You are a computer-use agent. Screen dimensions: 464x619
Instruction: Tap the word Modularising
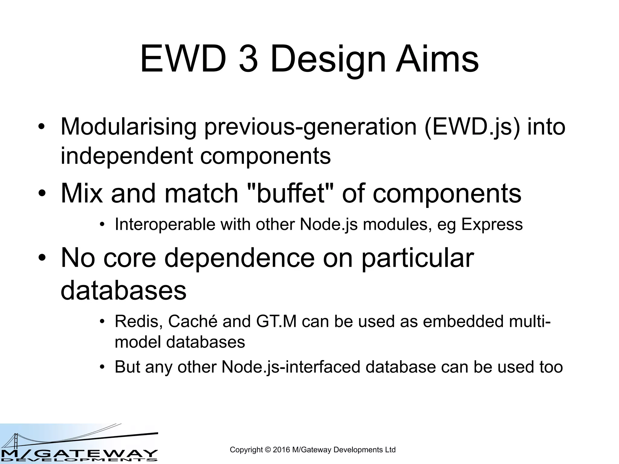pos(128,127)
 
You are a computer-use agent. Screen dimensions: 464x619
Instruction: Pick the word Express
pos(492,224)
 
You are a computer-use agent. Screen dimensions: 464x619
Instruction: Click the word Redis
pos(138,321)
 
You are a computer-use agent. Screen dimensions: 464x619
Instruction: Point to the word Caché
pos(193,321)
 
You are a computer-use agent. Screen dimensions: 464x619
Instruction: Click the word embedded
pos(463,321)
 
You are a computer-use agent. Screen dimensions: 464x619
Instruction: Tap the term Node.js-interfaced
pos(291,367)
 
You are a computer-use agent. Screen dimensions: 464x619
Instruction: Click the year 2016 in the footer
pos(281,450)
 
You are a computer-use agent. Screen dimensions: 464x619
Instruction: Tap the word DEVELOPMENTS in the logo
pos(79,460)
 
